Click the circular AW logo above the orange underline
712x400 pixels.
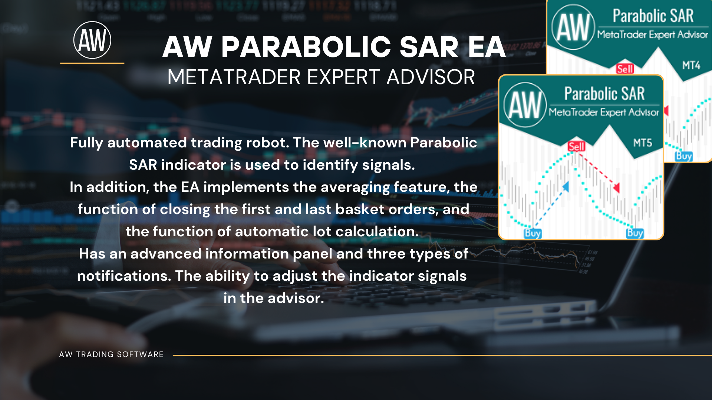pyautogui.click(x=92, y=40)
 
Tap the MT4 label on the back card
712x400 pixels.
pyautogui.click(x=691, y=66)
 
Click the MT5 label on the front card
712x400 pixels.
pyautogui.click(x=643, y=143)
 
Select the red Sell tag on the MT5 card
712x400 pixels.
pyautogui.click(x=577, y=147)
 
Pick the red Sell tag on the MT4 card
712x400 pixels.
pyautogui.click(x=625, y=69)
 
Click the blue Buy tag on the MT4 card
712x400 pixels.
pyautogui.click(x=684, y=156)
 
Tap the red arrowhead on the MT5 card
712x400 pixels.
pyautogui.click(x=616, y=188)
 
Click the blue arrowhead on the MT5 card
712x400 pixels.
pyautogui.click(x=566, y=186)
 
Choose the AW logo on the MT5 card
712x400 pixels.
pyautogui.click(x=525, y=105)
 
